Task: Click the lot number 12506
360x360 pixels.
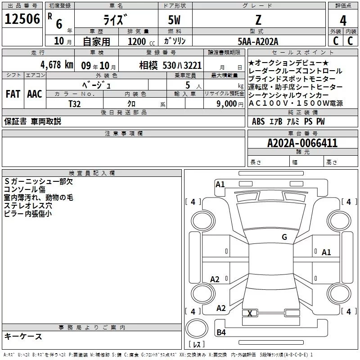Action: [22, 19]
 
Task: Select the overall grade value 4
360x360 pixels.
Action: [343, 21]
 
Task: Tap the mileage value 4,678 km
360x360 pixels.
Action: [57, 65]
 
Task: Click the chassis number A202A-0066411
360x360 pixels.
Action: [302, 143]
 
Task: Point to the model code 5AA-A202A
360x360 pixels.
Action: [258, 41]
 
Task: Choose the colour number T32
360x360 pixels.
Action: [75, 104]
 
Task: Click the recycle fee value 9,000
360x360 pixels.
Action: [227, 104]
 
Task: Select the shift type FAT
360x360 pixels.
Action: [13, 94]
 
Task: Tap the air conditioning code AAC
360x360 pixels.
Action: [35, 94]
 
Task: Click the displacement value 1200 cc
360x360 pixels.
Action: [141, 42]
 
